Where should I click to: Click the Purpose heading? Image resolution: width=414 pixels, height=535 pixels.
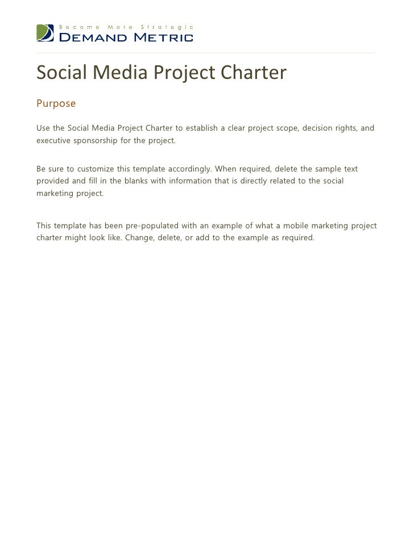pyautogui.click(x=56, y=104)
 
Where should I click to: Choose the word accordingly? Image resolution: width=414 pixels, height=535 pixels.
pyautogui.click(x=184, y=169)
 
